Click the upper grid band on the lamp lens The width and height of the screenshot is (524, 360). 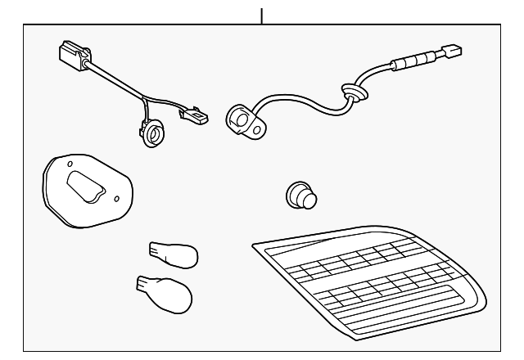point(352,260)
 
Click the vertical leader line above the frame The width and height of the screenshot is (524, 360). point(262,15)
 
